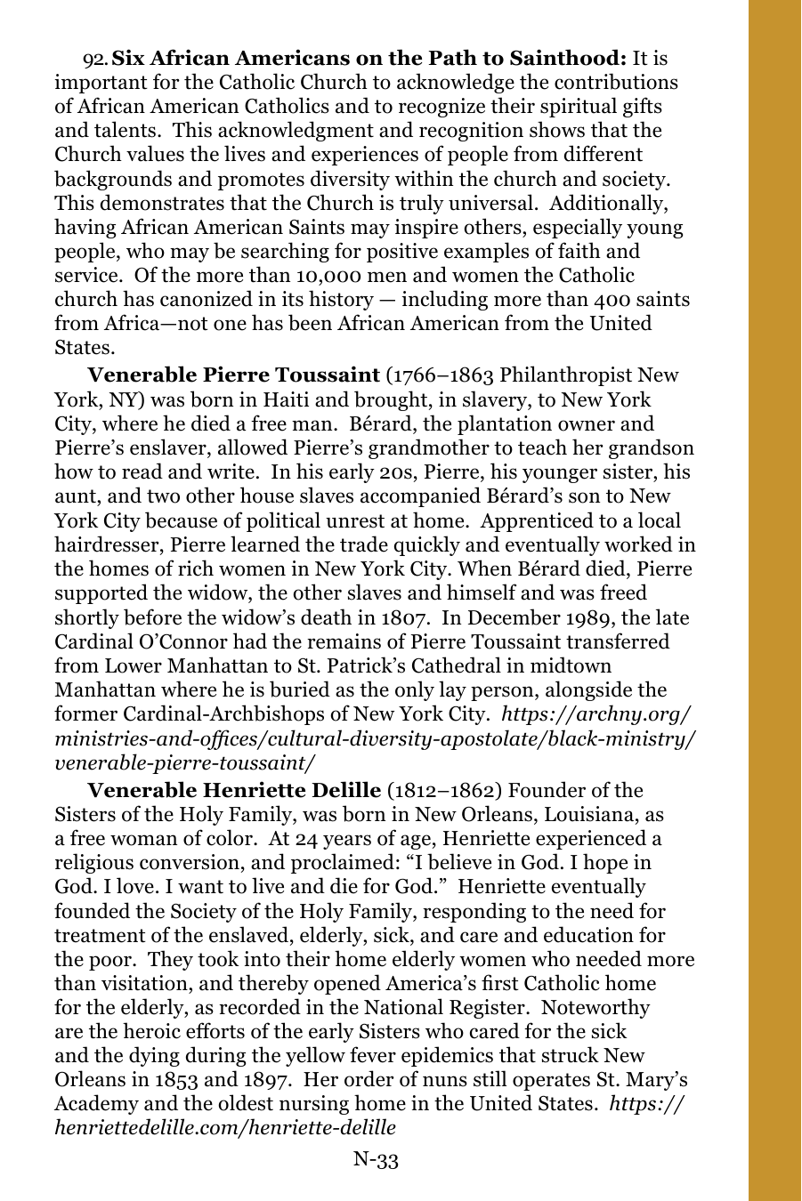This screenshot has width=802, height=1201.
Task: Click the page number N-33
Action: click(x=376, y=1159)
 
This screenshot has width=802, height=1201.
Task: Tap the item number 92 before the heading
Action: click(x=94, y=60)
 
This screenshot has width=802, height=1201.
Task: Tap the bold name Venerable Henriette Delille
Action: click(x=233, y=790)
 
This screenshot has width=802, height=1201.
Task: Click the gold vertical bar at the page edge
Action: click(x=774, y=600)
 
